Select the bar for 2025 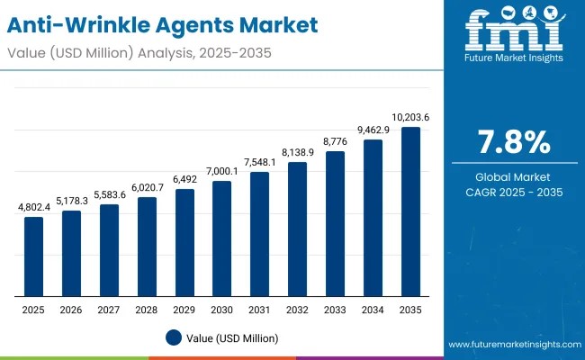coord(33,256)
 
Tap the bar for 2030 coord(221,238)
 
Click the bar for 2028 coord(147,247)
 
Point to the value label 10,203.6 coord(410,118)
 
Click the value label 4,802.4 coord(33,208)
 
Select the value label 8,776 coord(335,142)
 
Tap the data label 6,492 coord(184,179)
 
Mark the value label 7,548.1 coord(259,163)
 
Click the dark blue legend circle coord(175,337)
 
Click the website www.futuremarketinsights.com coord(511,345)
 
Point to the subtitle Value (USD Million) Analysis coord(135,52)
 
